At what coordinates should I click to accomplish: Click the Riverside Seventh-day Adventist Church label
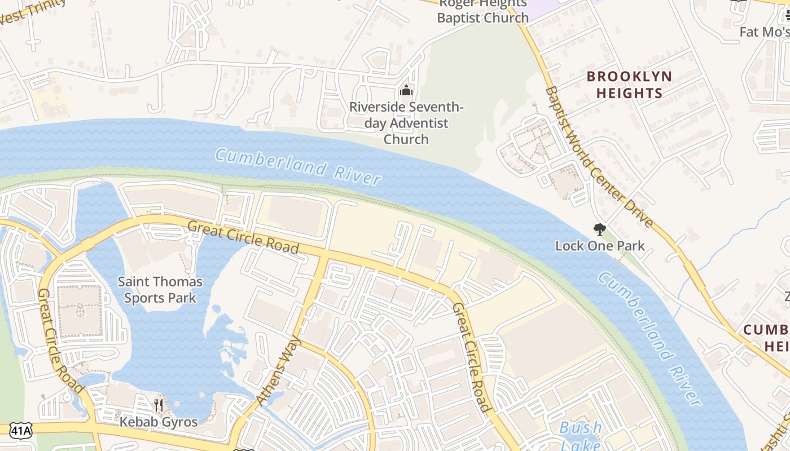pyautogui.click(x=406, y=123)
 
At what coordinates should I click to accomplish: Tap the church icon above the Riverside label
pyautogui.click(x=406, y=90)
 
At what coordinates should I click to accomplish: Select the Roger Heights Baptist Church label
pyautogui.click(x=483, y=11)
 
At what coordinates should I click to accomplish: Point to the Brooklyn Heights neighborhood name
pyautogui.click(x=629, y=85)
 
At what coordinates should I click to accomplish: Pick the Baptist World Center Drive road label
pyautogui.click(x=599, y=157)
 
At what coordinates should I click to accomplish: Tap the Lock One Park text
pyautogui.click(x=600, y=246)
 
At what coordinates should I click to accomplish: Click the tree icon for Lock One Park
pyautogui.click(x=599, y=229)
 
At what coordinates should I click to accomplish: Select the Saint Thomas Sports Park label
pyautogui.click(x=160, y=289)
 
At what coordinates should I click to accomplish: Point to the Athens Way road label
pyautogui.click(x=279, y=370)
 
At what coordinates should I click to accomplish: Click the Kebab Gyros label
pyautogui.click(x=159, y=422)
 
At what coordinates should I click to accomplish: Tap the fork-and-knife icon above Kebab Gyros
pyautogui.click(x=159, y=405)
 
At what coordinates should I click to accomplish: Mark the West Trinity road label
pyautogui.click(x=33, y=11)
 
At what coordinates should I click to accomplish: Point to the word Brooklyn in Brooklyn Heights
pyautogui.click(x=629, y=76)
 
